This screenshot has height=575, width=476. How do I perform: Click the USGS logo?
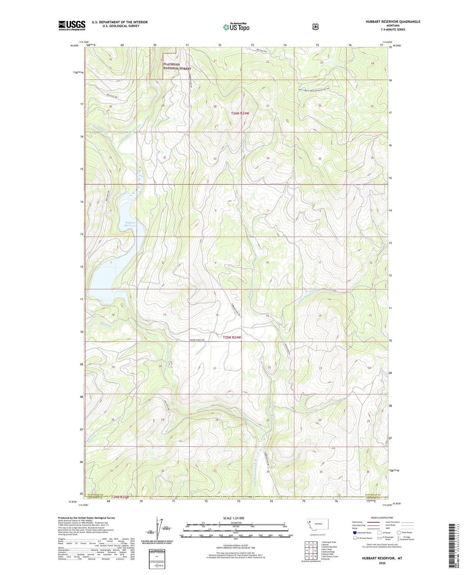tap(72, 25)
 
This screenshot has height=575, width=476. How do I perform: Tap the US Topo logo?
tap(236, 27)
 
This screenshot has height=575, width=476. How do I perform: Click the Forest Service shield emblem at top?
tap(315, 26)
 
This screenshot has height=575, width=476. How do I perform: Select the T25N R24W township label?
tap(232, 338)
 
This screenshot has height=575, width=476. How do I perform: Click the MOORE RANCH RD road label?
tap(197, 340)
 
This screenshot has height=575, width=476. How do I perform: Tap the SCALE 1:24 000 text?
tap(234, 518)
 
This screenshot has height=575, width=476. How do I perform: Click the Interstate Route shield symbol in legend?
tap(355, 533)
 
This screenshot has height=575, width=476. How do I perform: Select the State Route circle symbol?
tap(399, 533)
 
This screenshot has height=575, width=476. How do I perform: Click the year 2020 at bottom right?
tap(382, 563)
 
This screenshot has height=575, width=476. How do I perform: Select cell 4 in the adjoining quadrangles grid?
tap(307, 550)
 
